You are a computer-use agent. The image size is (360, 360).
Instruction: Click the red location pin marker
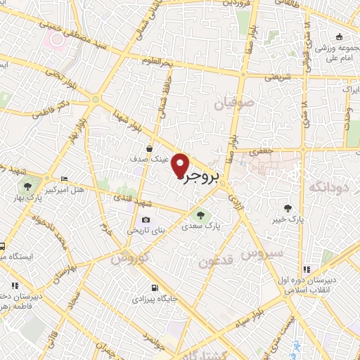(x=181, y=165)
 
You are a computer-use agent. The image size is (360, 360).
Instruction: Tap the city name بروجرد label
(x=202, y=176)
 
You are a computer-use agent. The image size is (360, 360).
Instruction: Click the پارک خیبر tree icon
(x=287, y=207)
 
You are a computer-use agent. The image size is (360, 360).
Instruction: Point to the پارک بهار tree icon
(x=27, y=187)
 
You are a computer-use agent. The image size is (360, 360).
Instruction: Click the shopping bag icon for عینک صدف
(x=149, y=148)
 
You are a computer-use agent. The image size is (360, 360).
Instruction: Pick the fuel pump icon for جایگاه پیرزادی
(x=155, y=288)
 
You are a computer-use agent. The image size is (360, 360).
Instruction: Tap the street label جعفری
(x=262, y=150)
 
